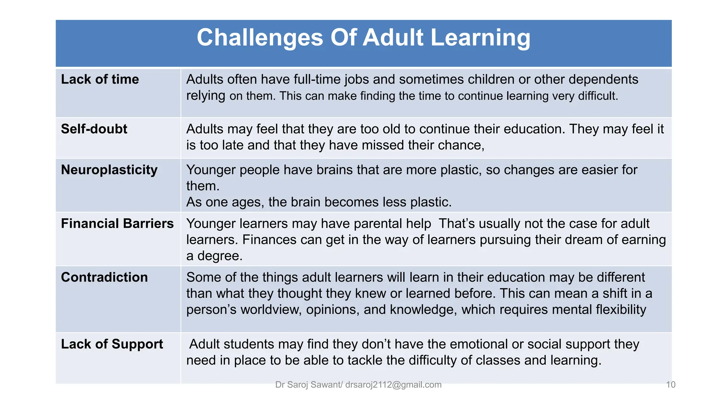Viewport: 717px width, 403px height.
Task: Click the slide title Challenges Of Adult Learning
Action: coord(363,38)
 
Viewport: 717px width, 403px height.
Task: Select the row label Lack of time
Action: coord(100,79)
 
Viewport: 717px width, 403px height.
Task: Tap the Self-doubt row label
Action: coord(94,129)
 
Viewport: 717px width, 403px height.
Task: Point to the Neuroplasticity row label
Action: coord(109,170)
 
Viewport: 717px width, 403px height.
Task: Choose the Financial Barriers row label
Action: coord(117,224)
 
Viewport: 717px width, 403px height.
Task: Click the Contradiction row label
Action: coord(104,277)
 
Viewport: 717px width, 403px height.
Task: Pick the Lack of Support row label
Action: coord(112,344)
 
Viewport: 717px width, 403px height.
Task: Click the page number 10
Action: coord(670,385)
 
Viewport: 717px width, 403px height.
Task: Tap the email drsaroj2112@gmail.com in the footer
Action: coord(393,385)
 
